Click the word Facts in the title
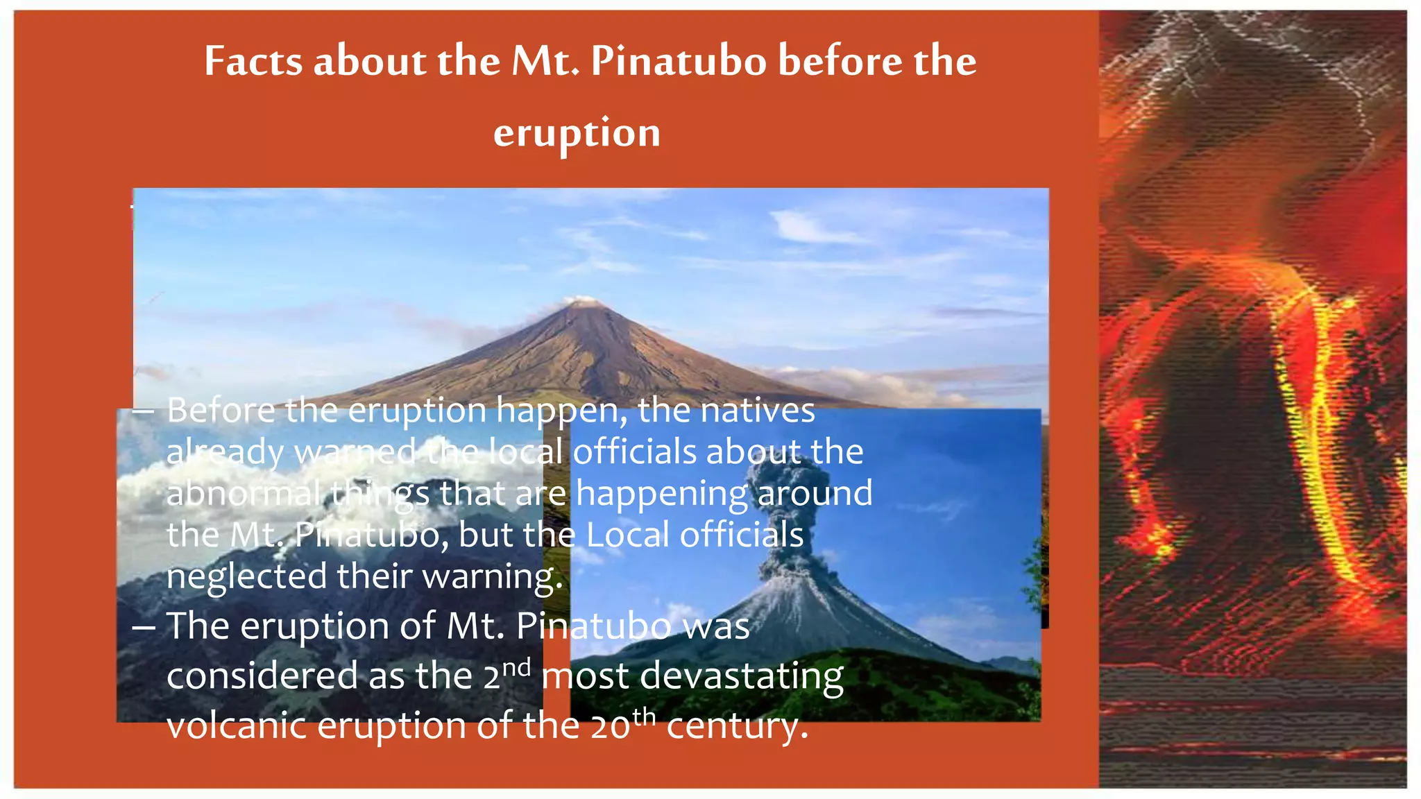click(253, 61)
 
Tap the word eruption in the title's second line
click(577, 133)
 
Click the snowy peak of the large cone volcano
click(581, 302)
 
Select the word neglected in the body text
click(246, 576)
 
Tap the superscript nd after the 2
click(517, 668)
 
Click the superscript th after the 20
click(644, 716)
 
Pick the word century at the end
click(737, 726)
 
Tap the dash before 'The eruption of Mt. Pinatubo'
click(143, 627)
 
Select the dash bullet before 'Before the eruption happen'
click(143, 411)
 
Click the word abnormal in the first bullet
click(244, 494)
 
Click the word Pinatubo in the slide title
click(678, 61)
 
